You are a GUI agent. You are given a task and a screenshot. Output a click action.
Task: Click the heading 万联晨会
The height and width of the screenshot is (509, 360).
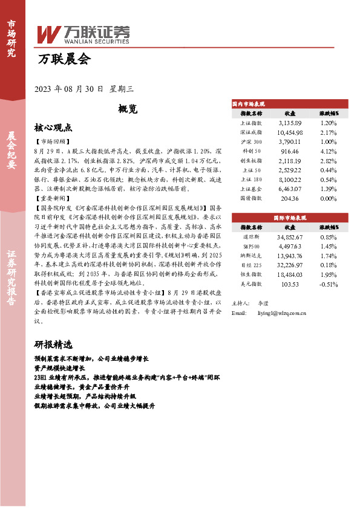tap(63, 59)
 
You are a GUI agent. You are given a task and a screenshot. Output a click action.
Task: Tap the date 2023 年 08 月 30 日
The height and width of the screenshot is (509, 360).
tap(70, 88)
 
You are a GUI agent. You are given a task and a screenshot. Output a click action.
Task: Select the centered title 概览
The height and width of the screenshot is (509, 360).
tap(128, 109)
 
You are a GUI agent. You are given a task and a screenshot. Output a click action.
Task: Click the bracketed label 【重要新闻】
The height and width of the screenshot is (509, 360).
tap(52, 198)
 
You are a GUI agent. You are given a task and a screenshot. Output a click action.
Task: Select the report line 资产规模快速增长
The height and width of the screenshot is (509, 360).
tap(60, 368)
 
